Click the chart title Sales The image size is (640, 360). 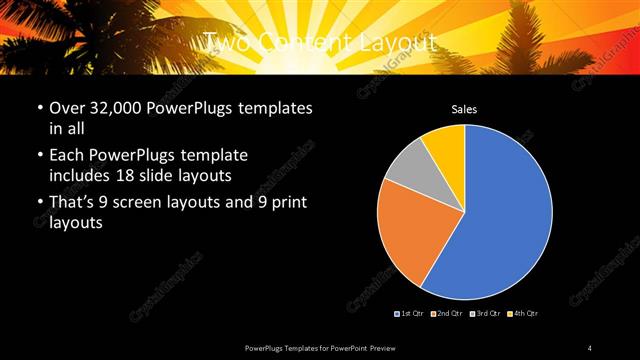(x=464, y=108)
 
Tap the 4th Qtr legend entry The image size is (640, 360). (x=524, y=314)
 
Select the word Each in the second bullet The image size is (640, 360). (x=66, y=157)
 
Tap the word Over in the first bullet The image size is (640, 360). (x=67, y=108)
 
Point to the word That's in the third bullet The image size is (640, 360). (x=74, y=205)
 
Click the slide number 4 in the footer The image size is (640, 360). (x=590, y=347)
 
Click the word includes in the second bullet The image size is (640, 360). (x=82, y=175)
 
